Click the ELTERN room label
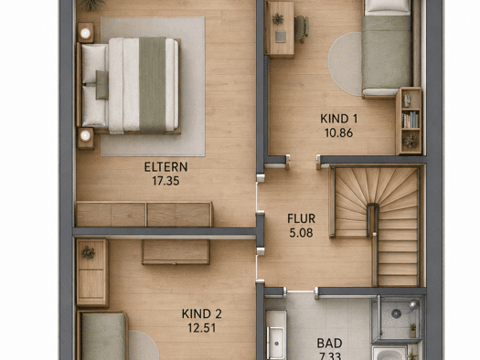point(165,167)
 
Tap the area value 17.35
point(165,181)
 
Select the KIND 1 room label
point(338,119)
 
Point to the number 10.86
point(338,132)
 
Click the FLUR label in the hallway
point(301,218)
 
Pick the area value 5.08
point(301,233)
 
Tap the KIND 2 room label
point(201,313)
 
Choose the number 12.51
point(201,328)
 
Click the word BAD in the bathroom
point(329,344)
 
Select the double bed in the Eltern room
point(130,85)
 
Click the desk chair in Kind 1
point(302,29)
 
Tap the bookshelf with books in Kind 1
point(410,121)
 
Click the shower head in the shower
point(414,304)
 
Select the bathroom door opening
point(301,291)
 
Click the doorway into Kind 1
point(303,162)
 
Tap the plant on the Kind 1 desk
point(278,19)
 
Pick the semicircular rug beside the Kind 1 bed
point(346,64)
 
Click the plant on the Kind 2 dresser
point(88,253)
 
